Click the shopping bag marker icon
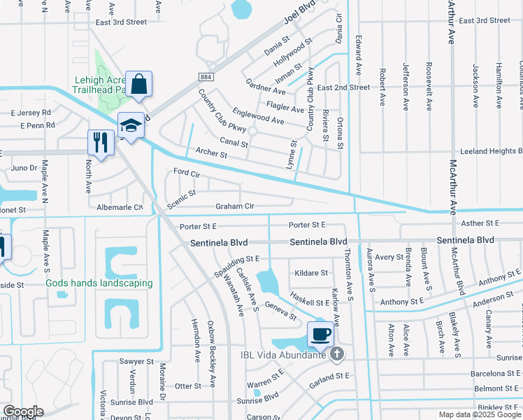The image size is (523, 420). tap(140, 85)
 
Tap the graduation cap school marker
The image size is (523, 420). tap(131, 125)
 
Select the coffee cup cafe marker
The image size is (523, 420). tap(321, 334)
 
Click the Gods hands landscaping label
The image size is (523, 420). tap(99, 283)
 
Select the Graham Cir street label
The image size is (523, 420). tap(234, 206)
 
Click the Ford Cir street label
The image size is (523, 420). tap(186, 172)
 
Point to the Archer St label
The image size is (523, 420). tap(212, 153)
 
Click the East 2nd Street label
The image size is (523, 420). tap(343, 87)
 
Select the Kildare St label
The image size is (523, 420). tap(311, 272)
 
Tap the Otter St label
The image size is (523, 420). tap(187, 386)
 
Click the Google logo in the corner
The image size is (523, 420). tap(23, 412)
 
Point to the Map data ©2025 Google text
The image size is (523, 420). tap(480, 414)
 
